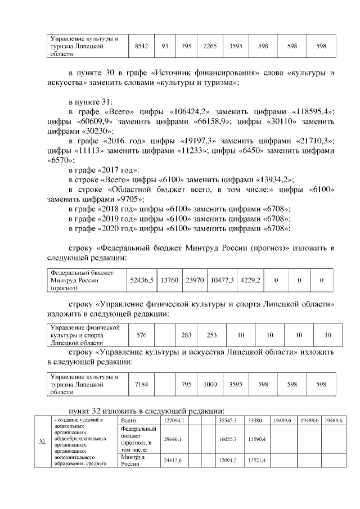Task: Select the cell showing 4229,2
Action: [250, 280]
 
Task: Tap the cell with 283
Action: [187, 335]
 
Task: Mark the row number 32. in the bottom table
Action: [42, 442]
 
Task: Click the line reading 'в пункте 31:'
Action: [90, 102]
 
